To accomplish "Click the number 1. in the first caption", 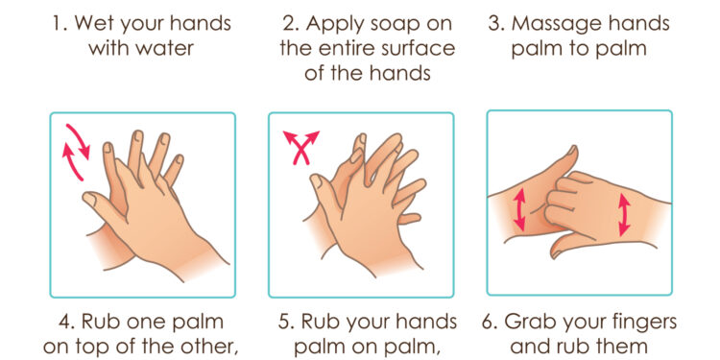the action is [60, 24].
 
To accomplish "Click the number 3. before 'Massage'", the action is [496, 24].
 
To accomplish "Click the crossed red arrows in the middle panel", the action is [300, 147].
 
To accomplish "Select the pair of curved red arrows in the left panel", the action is [75, 152].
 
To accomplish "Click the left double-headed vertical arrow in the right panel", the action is [519, 210].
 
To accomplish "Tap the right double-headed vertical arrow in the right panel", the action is [624, 214].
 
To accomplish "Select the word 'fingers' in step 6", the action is [637, 324].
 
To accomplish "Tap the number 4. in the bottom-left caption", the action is [65, 323].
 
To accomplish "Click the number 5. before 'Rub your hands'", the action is [286, 323].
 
